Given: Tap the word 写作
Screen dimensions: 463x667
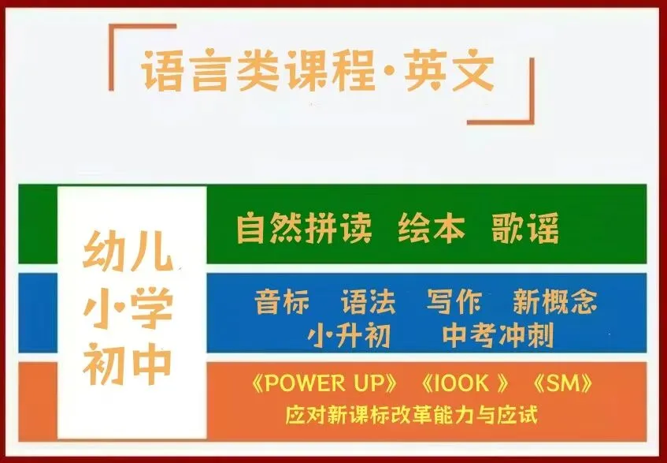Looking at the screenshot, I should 454,301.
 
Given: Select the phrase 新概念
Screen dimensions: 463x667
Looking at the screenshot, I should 554,301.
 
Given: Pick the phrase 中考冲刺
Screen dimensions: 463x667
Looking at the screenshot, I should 498,336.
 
